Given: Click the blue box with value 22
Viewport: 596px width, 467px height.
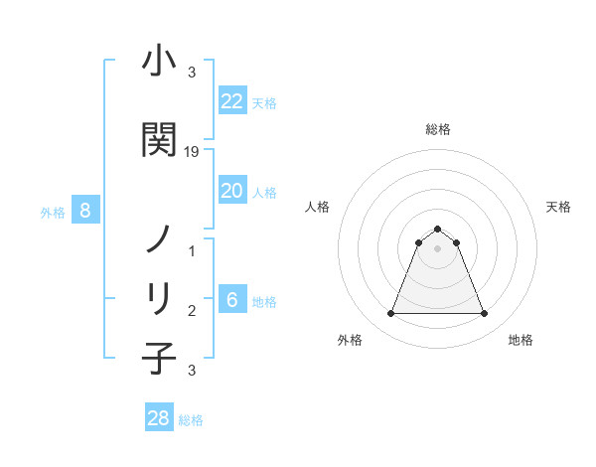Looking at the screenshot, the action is tap(231, 101).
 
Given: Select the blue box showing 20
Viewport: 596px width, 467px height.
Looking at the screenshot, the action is tap(231, 191).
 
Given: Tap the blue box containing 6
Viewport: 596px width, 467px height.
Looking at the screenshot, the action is tap(231, 300).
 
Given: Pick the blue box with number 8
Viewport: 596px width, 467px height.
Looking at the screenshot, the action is tap(85, 211).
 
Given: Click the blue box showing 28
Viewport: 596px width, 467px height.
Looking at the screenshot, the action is tap(159, 418).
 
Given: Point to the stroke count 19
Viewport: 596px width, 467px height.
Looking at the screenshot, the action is tap(192, 152).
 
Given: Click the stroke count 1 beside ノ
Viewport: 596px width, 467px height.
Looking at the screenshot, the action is tap(192, 251).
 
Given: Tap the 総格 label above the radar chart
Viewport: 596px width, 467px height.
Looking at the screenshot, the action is tap(437, 129).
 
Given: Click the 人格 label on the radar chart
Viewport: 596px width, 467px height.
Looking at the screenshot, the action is tap(317, 207).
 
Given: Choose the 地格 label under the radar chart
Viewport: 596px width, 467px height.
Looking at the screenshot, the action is tap(521, 340).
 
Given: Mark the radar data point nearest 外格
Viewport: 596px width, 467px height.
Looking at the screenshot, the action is tap(390, 314).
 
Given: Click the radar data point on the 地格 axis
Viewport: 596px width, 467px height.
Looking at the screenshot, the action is tap(485, 314).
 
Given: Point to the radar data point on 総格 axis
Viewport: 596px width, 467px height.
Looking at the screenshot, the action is tap(437, 229).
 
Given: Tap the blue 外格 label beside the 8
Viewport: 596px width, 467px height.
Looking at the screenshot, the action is tap(52, 212).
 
